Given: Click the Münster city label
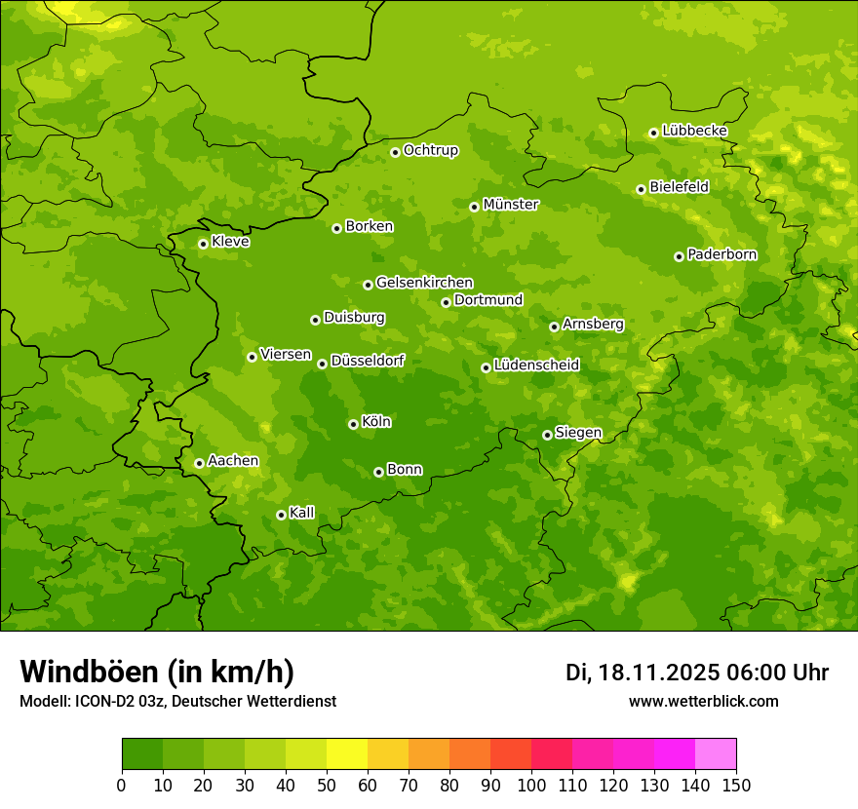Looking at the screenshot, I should tap(510, 205).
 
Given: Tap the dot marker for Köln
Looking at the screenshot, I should tap(353, 424).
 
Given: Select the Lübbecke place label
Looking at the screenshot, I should tap(694, 131).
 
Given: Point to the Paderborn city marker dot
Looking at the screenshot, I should tap(679, 256).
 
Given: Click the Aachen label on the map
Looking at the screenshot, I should tap(233, 461).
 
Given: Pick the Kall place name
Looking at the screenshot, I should tap(301, 513).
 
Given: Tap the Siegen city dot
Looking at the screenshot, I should tap(547, 435).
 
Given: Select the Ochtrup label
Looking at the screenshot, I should tap(430, 150).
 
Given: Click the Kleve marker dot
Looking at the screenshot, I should tap(203, 244).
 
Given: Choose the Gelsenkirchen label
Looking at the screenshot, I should tap(424, 283).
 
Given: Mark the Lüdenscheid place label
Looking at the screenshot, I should tap(536, 366).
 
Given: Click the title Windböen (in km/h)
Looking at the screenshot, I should tap(157, 672).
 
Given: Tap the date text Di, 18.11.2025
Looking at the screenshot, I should tap(642, 673).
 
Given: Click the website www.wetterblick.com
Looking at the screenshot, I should tap(703, 701).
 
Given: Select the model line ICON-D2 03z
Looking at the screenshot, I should tap(177, 701).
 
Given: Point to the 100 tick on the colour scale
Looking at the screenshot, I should tap(531, 785).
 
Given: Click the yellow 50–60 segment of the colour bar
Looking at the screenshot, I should tap(347, 754).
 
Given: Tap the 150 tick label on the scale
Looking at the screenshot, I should tap(736, 785).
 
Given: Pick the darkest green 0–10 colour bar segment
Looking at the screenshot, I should tap(142, 754).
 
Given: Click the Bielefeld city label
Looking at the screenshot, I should tap(679, 186).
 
